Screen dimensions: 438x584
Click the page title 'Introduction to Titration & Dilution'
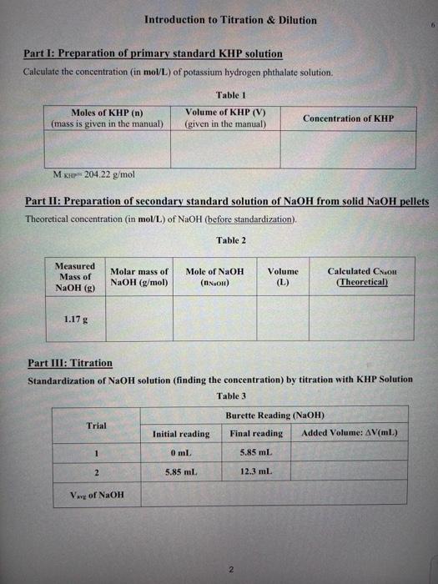point(230,20)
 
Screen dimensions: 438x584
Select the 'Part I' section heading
point(153,54)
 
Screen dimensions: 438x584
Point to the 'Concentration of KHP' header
point(347,119)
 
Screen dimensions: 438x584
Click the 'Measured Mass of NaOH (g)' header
point(74,276)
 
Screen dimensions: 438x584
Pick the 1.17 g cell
point(73,319)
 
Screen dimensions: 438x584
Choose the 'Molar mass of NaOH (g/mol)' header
point(139,277)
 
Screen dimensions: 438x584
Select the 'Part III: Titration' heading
point(69,364)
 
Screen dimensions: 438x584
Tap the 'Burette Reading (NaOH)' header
point(274,415)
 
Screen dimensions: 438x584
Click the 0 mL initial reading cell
point(180,453)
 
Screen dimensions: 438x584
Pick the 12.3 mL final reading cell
point(256,472)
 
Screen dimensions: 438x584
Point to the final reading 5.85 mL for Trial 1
point(256,453)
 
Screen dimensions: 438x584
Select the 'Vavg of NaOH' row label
point(96,494)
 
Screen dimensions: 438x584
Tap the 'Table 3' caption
point(231,395)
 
